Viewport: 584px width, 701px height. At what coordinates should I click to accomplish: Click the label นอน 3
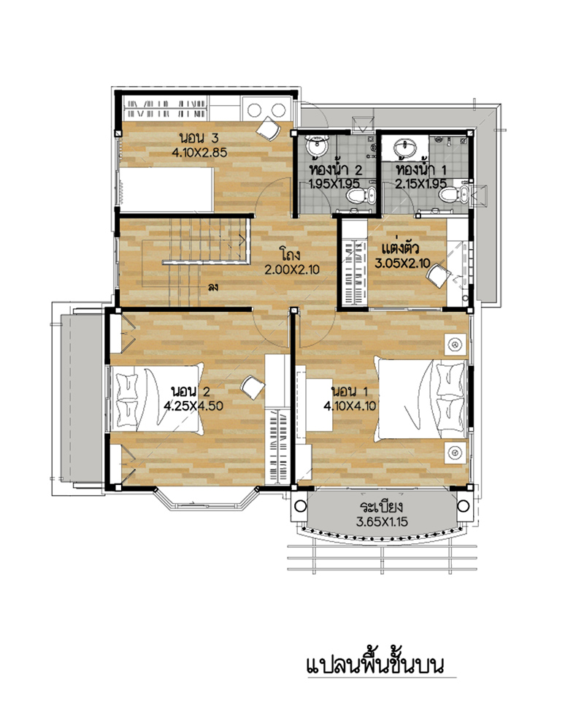tap(199, 137)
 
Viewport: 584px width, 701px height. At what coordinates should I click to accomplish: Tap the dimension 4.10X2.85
tap(199, 152)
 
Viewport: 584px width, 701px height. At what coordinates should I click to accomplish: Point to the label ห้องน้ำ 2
tap(336, 169)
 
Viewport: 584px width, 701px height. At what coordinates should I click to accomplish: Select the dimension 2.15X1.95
tap(420, 184)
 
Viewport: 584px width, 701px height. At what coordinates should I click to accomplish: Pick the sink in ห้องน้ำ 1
tap(406, 147)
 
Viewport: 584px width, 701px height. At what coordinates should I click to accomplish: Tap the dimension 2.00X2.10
tap(292, 269)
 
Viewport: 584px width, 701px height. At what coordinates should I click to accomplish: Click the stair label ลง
tap(213, 287)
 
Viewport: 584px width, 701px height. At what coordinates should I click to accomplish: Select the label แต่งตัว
tap(400, 248)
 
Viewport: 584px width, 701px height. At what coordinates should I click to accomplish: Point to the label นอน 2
tap(191, 391)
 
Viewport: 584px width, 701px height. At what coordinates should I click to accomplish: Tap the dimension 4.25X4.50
tap(193, 406)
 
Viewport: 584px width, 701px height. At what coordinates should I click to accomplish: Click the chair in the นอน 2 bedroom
tap(253, 388)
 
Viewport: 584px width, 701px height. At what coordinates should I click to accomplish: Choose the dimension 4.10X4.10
tap(350, 406)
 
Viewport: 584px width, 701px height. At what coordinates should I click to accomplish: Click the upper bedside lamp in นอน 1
tap(456, 344)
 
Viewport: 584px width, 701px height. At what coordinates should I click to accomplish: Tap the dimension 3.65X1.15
tap(382, 521)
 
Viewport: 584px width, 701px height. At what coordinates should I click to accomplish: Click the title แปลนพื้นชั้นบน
tap(375, 664)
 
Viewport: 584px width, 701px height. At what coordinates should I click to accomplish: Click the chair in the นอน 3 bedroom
tap(268, 129)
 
